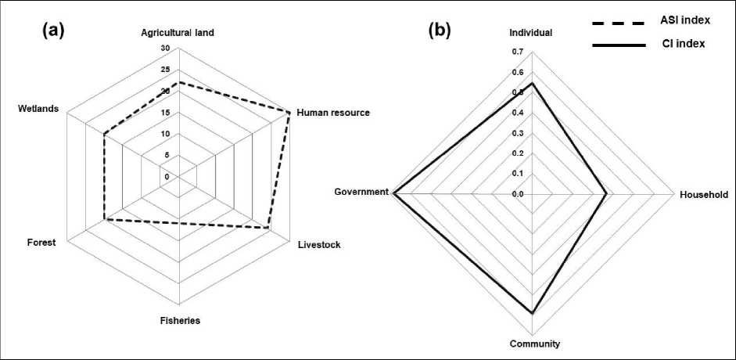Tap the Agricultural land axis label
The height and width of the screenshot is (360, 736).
point(178,33)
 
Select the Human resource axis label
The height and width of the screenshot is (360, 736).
point(332,113)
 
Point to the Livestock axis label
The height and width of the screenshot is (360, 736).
point(320,245)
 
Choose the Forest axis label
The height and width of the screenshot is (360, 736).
point(41,243)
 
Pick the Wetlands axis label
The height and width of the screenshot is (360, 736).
point(38,108)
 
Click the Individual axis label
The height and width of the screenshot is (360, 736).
point(531,33)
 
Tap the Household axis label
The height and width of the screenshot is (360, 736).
point(703,194)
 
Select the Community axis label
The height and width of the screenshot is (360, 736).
point(534,344)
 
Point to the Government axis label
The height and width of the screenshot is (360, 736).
point(361,192)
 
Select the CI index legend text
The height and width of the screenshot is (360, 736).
point(678,44)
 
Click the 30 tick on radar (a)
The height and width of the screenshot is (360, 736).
point(165,49)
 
